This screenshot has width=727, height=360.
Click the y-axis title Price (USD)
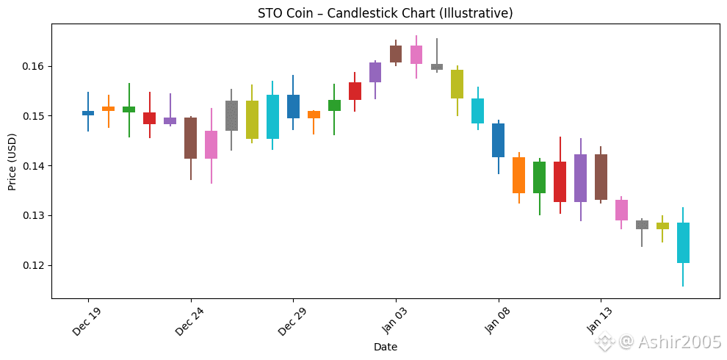tap(12, 162)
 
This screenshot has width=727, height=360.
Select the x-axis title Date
tap(386, 347)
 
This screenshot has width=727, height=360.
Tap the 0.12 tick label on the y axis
tap(35, 265)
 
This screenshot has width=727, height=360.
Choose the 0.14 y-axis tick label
tap(35, 165)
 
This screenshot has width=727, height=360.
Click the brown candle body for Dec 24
tap(190, 138)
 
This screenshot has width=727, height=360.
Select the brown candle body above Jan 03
tap(396, 54)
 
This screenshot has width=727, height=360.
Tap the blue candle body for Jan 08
tap(499, 140)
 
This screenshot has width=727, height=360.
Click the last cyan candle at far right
tap(683, 242)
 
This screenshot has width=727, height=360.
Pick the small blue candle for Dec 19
tap(88, 113)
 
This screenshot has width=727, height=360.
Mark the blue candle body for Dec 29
tap(293, 107)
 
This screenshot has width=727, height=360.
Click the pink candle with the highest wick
tap(416, 55)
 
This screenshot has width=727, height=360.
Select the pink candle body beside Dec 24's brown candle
tap(211, 145)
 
